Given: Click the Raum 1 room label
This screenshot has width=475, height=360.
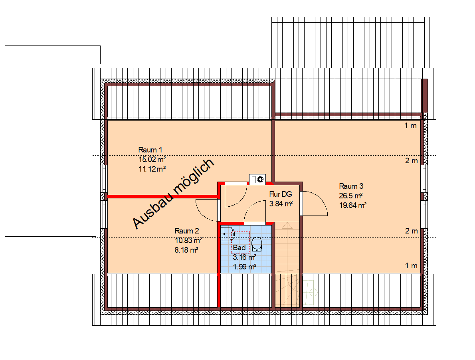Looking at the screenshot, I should click(x=150, y=150).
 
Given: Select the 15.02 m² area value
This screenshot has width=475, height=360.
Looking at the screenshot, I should click(x=152, y=160).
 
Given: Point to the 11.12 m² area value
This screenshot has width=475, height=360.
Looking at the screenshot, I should click(x=152, y=169).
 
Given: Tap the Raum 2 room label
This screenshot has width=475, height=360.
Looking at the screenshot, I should click(x=187, y=231).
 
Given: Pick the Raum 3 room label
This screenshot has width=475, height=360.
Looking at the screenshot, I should click(x=351, y=186).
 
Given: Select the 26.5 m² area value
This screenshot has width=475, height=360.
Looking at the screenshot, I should click(x=351, y=196).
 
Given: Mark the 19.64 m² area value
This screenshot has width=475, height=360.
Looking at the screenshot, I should click(x=353, y=206).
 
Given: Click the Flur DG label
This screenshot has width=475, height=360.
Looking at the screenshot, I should click(x=281, y=195).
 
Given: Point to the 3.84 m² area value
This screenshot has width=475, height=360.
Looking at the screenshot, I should click(x=281, y=204).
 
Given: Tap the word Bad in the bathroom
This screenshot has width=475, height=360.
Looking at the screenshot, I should click(x=239, y=248).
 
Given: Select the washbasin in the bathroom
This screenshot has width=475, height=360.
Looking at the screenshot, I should click(x=227, y=234).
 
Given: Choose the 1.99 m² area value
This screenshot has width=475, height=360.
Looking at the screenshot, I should click(x=244, y=267).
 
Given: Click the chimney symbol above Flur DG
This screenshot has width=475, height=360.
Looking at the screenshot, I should click(x=257, y=180).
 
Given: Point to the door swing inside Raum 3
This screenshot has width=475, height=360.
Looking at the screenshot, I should click(x=315, y=204).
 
